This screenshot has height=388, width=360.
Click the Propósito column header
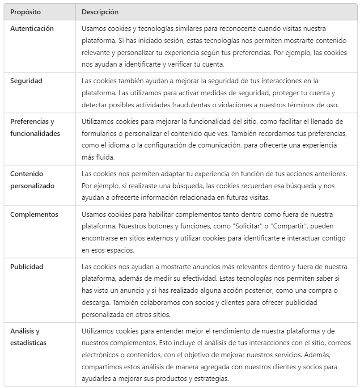(25, 12)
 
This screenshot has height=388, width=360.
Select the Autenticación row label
(32, 29)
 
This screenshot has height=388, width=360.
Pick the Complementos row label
(34, 215)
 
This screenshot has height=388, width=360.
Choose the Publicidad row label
(27, 267)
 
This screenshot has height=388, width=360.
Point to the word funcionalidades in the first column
(35, 133)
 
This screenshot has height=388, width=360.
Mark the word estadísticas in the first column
(29, 342)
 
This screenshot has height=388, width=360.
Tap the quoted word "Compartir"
(289, 227)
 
